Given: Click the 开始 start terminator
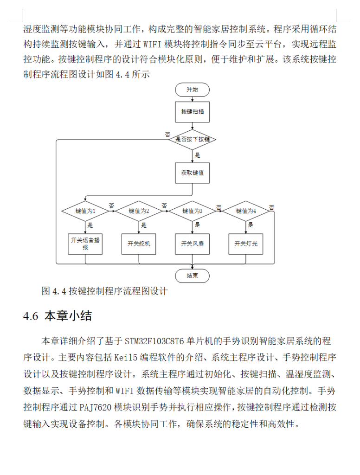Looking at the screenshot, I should click(193, 89).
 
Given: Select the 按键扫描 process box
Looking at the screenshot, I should click(193, 112).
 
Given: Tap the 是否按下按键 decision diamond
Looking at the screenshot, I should click(193, 139).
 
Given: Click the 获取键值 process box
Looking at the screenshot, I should click(193, 173).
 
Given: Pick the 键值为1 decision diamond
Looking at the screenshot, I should click(86, 211).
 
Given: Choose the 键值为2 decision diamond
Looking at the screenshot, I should click(139, 211).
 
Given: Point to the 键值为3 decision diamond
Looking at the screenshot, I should click(193, 211).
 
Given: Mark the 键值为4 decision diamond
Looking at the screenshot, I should click(246, 211).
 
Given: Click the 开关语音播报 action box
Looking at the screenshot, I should click(86, 244).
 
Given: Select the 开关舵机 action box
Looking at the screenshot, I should click(139, 244).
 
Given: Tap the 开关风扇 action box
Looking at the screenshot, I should click(193, 244).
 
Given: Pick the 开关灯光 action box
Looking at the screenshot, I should click(246, 244).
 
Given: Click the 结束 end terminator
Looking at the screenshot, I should click(193, 276).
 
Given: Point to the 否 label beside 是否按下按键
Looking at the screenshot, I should click(167, 134).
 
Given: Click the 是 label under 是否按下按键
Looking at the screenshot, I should click(197, 155).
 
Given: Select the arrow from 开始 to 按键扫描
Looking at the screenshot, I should click(193, 98).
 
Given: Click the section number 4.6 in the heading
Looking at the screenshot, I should click(30, 316).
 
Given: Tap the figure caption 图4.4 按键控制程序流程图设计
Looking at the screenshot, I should click(104, 291).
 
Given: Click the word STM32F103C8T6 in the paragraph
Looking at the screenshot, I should click(154, 341).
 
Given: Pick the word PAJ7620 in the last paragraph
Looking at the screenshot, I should click(96, 408).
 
